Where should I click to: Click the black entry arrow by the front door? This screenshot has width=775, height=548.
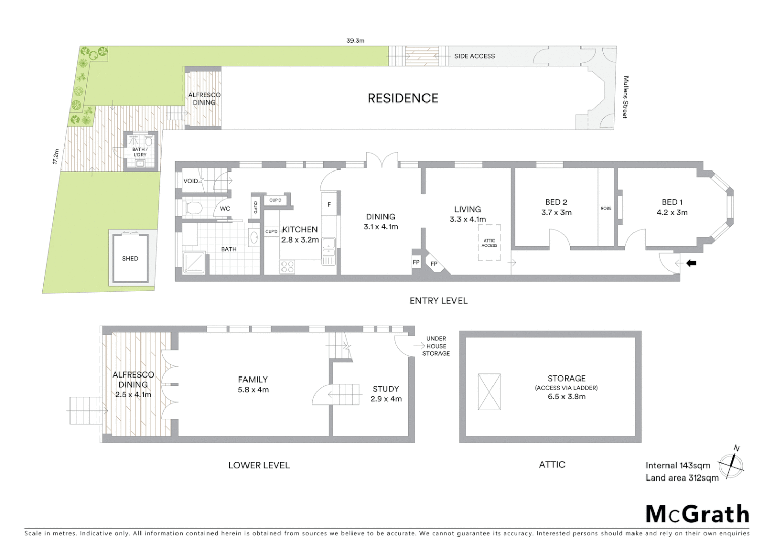pyautogui.click(x=691, y=263)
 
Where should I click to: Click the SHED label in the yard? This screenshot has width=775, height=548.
pyautogui.click(x=130, y=258)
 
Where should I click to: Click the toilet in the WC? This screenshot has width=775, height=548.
pyautogui.click(x=193, y=208)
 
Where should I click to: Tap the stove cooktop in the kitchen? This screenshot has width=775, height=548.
pyautogui.click(x=287, y=266)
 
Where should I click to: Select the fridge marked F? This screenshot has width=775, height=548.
pyautogui.click(x=329, y=204)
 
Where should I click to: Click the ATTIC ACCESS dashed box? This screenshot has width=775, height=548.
pyautogui.click(x=489, y=243)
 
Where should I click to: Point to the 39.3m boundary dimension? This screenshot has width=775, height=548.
pyautogui.click(x=355, y=40)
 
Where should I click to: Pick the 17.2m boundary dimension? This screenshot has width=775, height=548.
pyautogui.click(x=56, y=156)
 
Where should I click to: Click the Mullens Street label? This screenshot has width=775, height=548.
pyautogui.click(x=626, y=97)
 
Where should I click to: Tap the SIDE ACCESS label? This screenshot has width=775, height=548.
pyautogui.click(x=474, y=56)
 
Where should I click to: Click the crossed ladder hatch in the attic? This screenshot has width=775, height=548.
pyautogui.click(x=489, y=392)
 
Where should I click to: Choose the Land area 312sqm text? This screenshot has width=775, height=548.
pyautogui.click(x=682, y=477)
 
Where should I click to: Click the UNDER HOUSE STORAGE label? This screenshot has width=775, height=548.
pyautogui.click(x=436, y=346)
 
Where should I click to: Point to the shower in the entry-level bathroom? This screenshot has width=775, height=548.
pyautogui.click(x=194, y=262)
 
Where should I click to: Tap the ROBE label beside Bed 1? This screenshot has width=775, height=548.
pyautogui.click(x=606, y=208)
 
